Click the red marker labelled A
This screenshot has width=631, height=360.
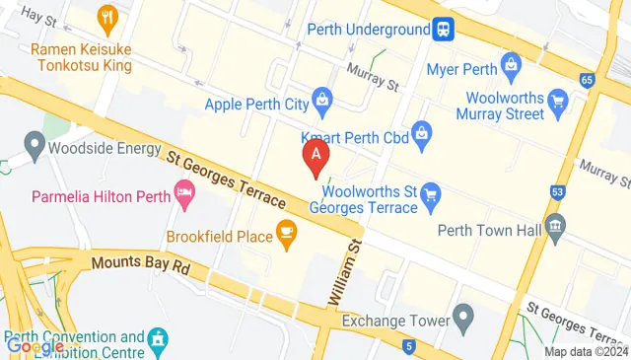(x=315, y=155)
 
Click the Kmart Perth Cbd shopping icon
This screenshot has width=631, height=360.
(x=422, y=130)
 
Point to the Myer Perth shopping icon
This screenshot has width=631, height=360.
(x=511, y=66)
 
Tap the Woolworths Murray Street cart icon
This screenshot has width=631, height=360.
(x=558, y=99)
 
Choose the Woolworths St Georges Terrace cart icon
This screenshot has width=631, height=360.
(x=430, y=193)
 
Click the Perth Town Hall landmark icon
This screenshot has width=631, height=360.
(x=554, y=227)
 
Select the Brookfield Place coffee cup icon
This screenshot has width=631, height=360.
(x=286, y=233)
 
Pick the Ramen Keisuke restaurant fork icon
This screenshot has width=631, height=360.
(x=107, y=17)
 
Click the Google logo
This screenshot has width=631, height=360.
(x=35, y=345)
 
